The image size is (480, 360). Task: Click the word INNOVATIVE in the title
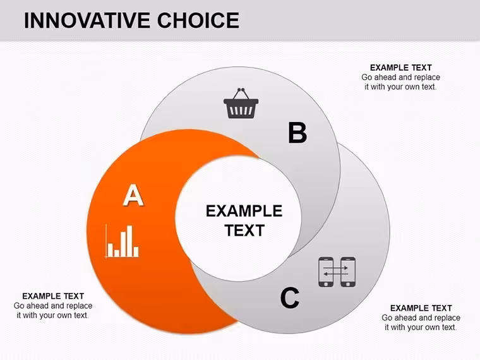coord(87,20)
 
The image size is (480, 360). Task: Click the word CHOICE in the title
coord(198,20)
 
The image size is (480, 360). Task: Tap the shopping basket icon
coord(241,103)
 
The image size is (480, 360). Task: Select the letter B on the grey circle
coord(297,133)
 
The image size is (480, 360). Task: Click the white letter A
coord(133,195)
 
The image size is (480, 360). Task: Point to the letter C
coord(290,297)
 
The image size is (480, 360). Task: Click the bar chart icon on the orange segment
coord(122,241)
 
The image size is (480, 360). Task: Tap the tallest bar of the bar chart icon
coord(129,241)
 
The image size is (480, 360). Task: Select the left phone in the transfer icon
coord(326,272)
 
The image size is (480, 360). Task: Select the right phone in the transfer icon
coord(348,272)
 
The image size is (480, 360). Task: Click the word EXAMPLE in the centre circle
coord(244,211)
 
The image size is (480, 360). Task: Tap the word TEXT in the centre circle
coord(244,231)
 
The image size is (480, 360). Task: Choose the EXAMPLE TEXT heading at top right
coord(400,68)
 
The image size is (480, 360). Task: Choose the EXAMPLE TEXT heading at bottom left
coord(53,296)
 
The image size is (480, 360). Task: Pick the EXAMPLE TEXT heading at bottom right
coord(421,308)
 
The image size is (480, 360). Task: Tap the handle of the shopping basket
coord(241,94)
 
